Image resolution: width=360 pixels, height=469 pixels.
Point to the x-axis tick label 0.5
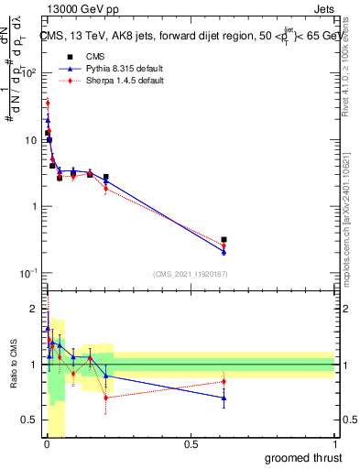click(191, 444)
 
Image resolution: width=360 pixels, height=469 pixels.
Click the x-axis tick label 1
click(334, 444)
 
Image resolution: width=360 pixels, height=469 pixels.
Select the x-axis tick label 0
click(47, 444)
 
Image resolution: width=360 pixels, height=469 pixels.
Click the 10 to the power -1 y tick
click(27, 273)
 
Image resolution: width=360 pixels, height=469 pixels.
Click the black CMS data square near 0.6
click(224, 239)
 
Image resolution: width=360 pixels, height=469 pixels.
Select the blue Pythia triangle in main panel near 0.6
click(224, 252)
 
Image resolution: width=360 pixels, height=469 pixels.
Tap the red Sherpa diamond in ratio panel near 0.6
click(224, 381)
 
